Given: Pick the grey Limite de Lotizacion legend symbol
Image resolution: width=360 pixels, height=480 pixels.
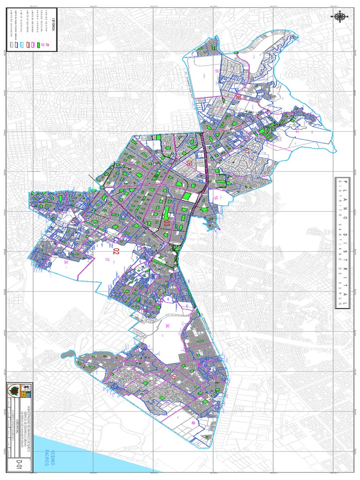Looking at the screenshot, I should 11,45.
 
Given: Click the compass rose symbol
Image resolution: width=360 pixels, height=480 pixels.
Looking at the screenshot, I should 341,17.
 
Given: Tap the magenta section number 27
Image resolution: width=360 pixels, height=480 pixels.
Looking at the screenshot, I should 107,259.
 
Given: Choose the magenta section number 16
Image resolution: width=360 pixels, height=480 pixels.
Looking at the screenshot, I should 216,198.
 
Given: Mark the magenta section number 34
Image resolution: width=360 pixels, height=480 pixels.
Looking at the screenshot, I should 166,325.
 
